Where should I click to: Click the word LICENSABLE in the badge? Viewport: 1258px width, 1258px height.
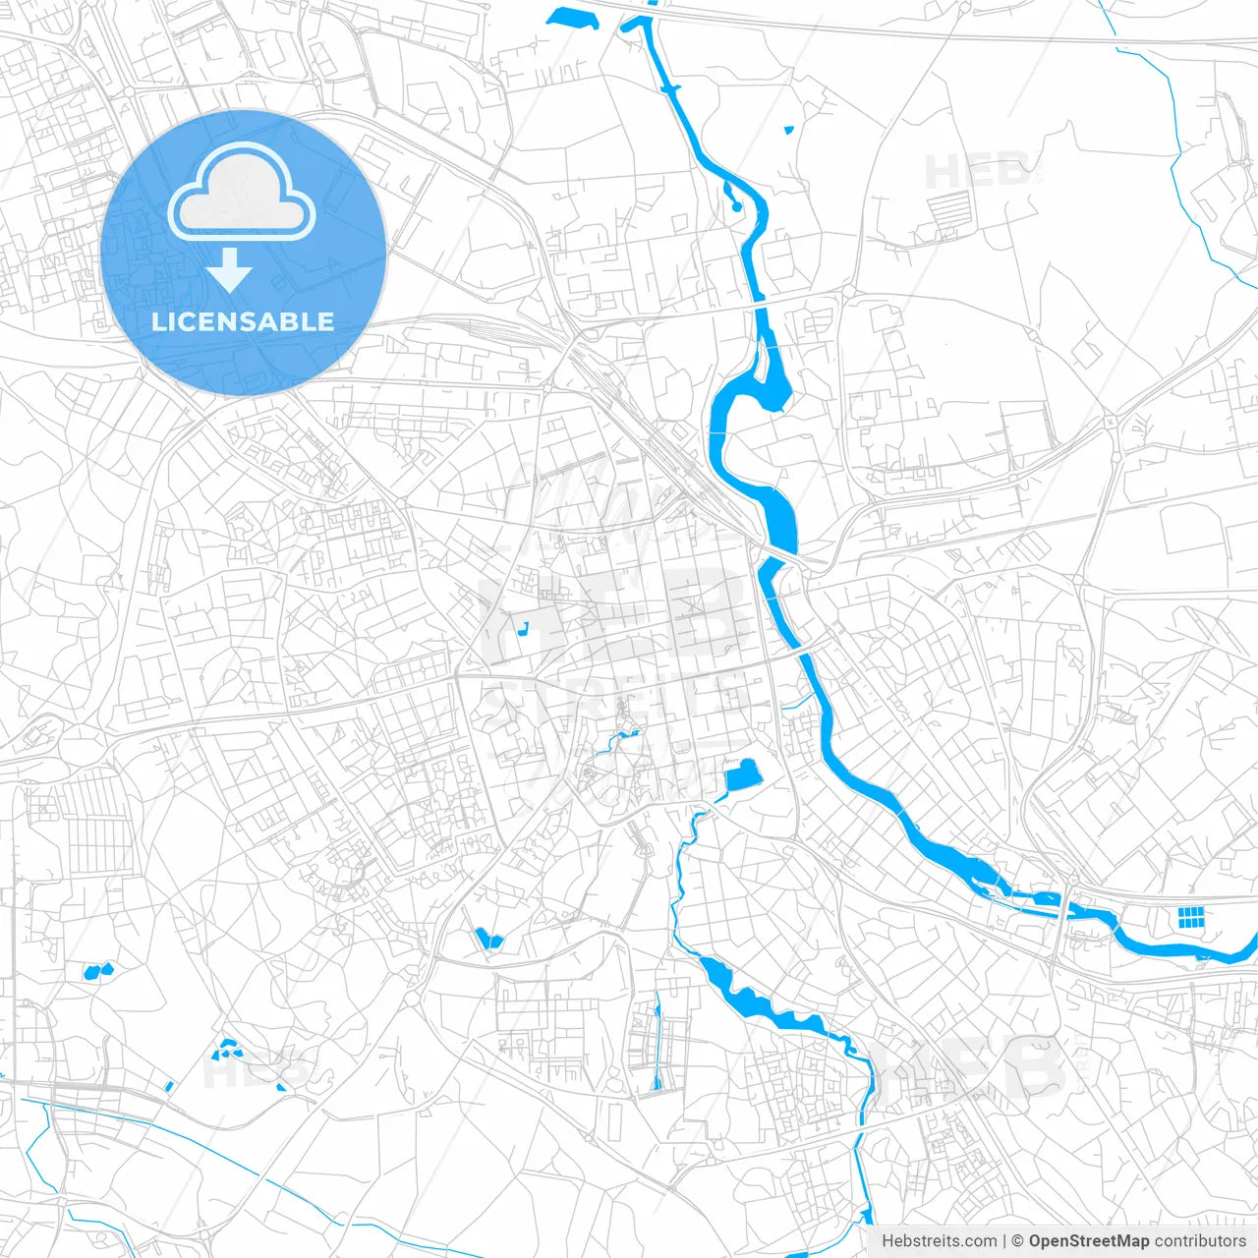click(x=243, y=321)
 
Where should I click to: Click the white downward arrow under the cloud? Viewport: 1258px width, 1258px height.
click(x=229, y=270)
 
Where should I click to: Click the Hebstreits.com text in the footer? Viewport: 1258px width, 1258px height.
click(x=939, y=1241)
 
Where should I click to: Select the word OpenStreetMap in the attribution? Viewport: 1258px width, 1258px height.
click(x=1088, y=1241)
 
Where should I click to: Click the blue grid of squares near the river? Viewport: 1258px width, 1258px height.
click(x=1190, y=917)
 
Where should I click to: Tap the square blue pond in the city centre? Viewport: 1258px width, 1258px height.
click(x=744, y=775)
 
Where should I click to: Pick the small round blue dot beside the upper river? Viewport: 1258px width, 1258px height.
click(x=736, y=206)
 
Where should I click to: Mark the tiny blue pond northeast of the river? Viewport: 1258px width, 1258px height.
click(x=788, y=130)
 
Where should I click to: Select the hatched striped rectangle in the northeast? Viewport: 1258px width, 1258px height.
click(x=949, y=208)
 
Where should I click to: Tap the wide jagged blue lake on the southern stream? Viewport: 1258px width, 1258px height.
click(x=752, y=999)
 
